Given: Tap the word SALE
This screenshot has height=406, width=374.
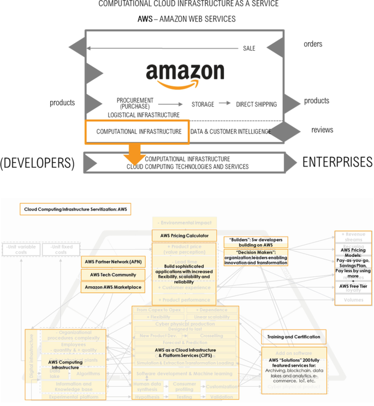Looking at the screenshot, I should (x=249, y=49).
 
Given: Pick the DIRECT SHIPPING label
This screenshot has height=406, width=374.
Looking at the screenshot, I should (x=256, y=104).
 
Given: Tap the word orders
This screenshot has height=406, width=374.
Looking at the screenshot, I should (x=313, y=44).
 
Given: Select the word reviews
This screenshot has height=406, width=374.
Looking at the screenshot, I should (x=322, y=130).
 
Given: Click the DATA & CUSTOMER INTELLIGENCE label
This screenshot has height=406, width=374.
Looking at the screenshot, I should (x=230, y=132).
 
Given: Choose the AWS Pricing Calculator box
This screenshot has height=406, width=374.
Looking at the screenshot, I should (x=185, y=236).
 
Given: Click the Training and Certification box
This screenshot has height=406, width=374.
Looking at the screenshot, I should (x=294, y=336).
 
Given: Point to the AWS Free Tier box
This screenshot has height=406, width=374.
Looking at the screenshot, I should (x=353, y=286).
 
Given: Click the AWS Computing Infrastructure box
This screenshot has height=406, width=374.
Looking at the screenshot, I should (x=64, y=364).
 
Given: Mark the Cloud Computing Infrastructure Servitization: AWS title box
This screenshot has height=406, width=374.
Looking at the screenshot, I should (x=75, y=209).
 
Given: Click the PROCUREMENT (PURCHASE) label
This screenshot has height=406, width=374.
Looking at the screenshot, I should (x=135, y=103).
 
